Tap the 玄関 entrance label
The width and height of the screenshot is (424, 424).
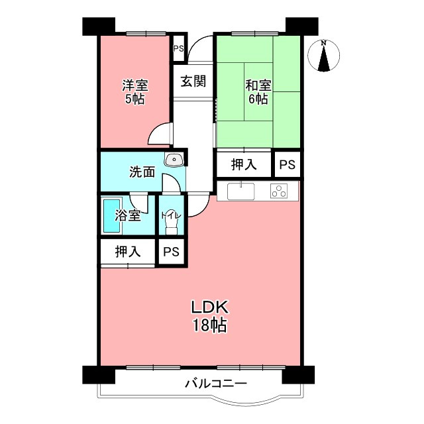193,81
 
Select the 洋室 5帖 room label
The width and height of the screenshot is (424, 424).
134,92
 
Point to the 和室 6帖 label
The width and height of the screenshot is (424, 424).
257,92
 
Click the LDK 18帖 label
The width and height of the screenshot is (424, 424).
210,316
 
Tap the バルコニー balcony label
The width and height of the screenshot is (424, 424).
215,384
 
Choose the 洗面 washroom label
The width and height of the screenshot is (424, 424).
142,172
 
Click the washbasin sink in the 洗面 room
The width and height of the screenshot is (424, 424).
174,159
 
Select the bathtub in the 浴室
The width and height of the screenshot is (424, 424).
111,216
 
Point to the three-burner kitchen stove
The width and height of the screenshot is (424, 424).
280,192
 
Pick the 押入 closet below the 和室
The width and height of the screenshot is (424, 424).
244,164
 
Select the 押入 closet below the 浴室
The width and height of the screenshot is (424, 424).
127,252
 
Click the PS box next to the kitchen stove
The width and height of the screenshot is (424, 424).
287,164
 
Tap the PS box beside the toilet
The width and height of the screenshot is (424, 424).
172,252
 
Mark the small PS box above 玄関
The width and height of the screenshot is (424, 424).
178,48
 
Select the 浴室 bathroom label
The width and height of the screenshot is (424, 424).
127,215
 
